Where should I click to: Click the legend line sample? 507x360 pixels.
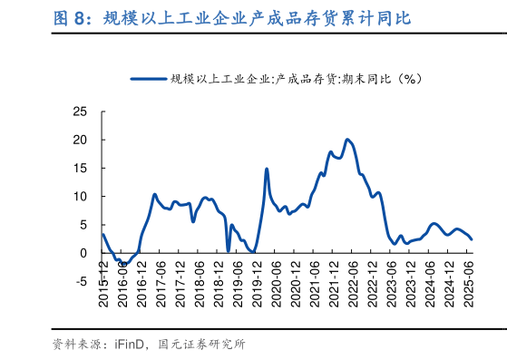(x=149, y=78)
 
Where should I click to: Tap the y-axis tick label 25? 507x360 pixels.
(x=80, y=112)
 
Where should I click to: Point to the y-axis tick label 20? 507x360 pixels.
(x=80, y=140)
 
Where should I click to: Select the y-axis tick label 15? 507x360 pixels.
(x=80, y=168)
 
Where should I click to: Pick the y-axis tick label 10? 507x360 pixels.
(x=80, y=196)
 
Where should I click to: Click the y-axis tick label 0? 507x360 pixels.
(x=83, y=252)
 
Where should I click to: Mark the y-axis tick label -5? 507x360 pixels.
(x=80, y=280)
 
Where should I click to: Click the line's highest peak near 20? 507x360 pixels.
(x=347, y=140)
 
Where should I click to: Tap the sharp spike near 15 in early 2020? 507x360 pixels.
(x=267, y=169)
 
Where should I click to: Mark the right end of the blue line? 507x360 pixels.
(x=472, y=239)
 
